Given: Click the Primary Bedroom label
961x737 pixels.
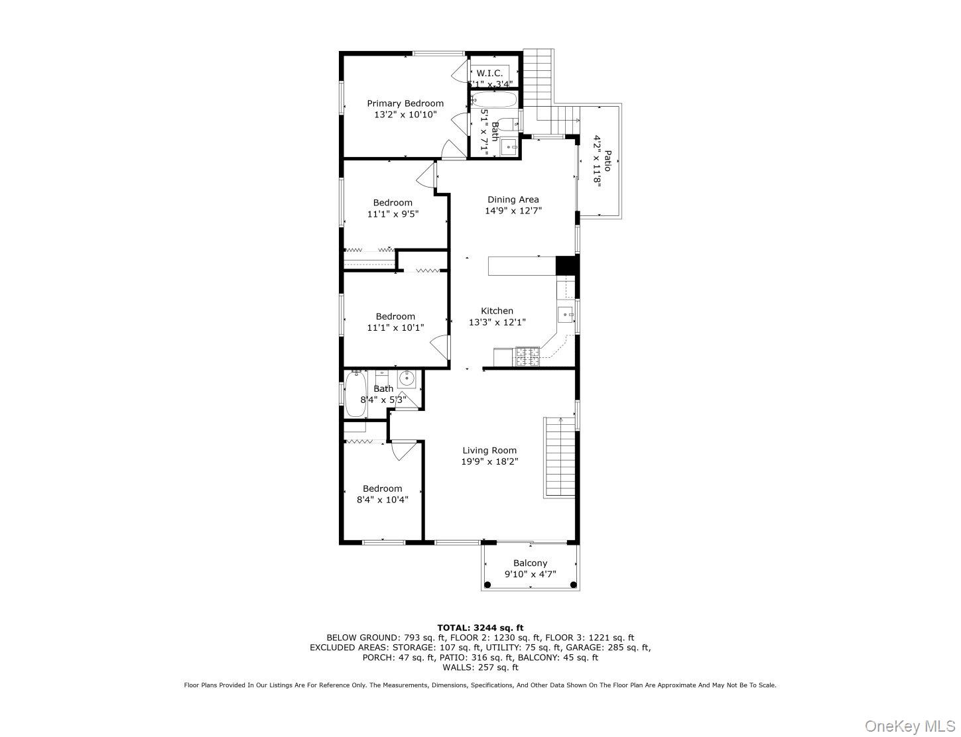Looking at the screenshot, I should [x=405, y=103].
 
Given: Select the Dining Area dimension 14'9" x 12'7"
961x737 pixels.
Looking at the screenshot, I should [x=513, y=211].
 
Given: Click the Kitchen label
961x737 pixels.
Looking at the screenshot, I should [x=497, y=311].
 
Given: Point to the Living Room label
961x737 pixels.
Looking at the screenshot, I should [x=489, y=451].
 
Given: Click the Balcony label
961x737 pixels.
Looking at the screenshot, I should [x=530, y=563].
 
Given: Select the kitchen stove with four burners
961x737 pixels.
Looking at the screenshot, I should [x=528, y=357].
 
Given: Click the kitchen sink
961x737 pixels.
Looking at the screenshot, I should [x=565, y=314].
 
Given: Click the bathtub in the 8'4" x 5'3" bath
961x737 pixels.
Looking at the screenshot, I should [x=355, y=395].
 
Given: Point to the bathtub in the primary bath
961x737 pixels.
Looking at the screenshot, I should [x=494, y=101].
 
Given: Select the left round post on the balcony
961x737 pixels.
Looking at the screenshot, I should [x=488, y=585].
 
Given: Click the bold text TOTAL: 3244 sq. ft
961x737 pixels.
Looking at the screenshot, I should [x=480, y=628].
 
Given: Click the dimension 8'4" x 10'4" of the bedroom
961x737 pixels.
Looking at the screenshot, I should [x=383, y=500].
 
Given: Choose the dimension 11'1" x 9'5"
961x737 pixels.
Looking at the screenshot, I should [x=393, y=214].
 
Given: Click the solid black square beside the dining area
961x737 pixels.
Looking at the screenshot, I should [x=564, y=265].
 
